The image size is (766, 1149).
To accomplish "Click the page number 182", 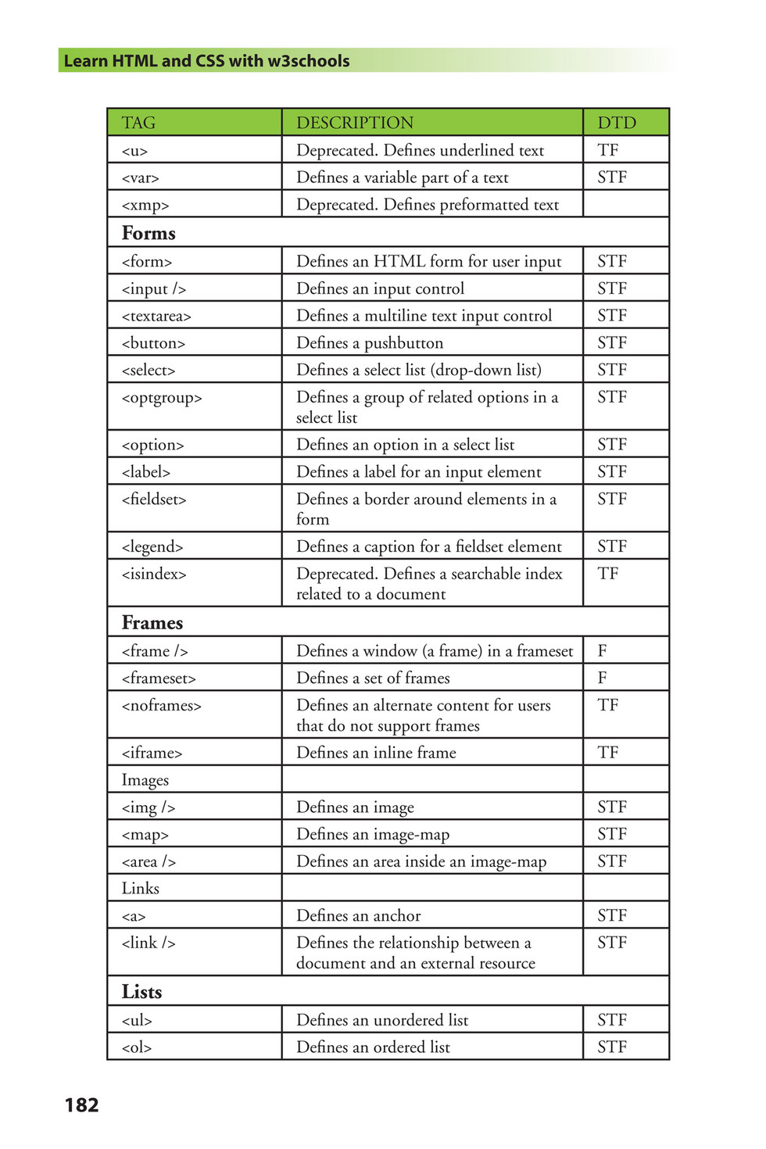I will click(x=81, y=1104).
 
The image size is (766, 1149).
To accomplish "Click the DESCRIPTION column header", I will click(x=354, y=123).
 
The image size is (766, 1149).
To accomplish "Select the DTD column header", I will click(x=617, y=123).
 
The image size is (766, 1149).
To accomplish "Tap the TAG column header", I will click(x=138, y=123).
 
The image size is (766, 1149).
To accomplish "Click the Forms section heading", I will click(x=149, y=233).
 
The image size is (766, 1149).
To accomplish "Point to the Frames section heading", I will click(x=152, y=622).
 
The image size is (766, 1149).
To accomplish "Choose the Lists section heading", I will click(x=141, y=991).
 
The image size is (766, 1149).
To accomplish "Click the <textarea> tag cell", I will click(x=156, y=316).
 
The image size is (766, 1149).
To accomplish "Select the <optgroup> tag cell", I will click(x=162, y=398).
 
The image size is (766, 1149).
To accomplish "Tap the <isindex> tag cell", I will click(x=154, y=574).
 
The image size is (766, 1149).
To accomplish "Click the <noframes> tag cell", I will click(x=161, y=706).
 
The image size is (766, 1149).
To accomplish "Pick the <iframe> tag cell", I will click(x=152, y=753).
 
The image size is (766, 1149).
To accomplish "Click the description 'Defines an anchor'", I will click(x=358, y=915).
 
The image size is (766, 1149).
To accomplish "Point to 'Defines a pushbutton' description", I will click(x=369, y=343).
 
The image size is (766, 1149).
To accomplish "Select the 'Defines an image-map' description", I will click(x=373, y=835).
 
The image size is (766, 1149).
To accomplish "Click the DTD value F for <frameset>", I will click(x=602, y=678).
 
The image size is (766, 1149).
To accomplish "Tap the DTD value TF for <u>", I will click(x=607, y=150).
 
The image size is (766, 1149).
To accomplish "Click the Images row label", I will click(x=145, y=780).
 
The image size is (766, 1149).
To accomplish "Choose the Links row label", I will click(x=140, y=888).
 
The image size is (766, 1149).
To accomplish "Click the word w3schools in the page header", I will click(x=308, y=61).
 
